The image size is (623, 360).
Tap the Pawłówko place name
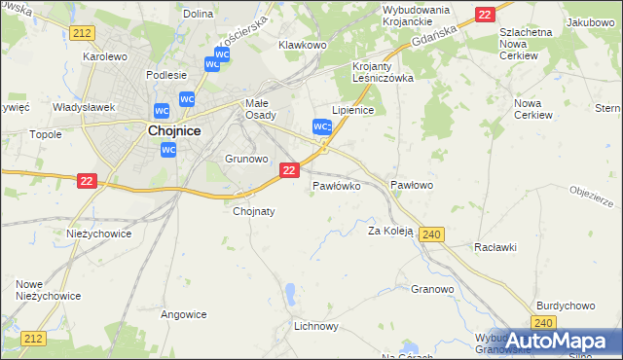[337, 184]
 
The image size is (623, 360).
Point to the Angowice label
[183, 314]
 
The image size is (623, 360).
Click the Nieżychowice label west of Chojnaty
[98, 234]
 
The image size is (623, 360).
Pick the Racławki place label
[495, 247]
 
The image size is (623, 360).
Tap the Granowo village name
[432, 289]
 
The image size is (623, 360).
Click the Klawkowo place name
[302, 45]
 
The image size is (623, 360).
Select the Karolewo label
[106, 56]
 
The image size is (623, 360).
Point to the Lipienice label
[353, 110]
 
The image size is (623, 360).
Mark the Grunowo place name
[246, 158]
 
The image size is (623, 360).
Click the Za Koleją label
[390, 232]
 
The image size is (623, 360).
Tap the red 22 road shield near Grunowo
[289, 170]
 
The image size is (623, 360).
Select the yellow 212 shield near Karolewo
[82, 33]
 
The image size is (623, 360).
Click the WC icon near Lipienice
[322, 127]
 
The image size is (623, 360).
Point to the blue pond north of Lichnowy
[290, 291]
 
